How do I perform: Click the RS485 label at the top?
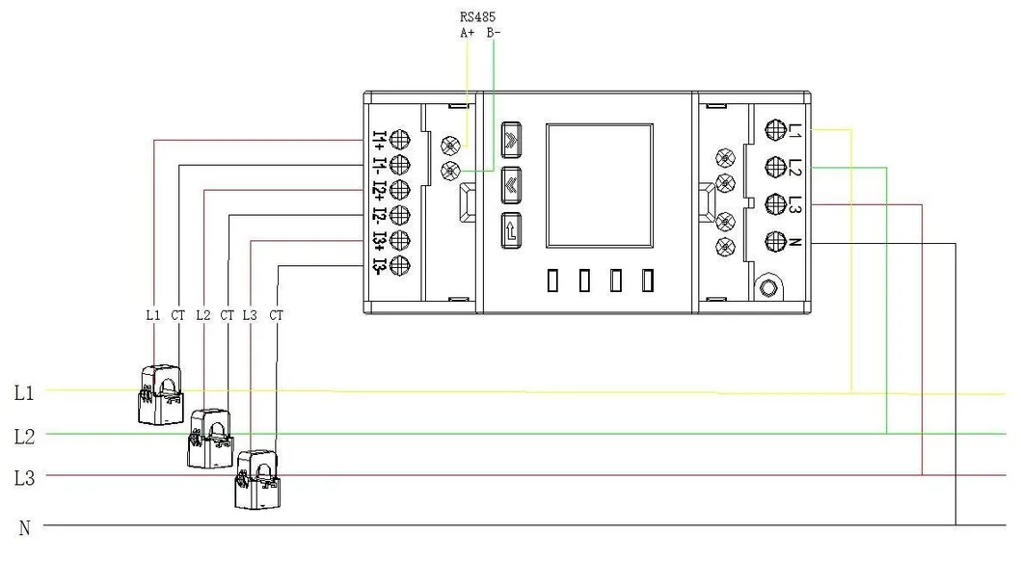(x=479, y=16)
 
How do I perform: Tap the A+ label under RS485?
(x=467, y=33)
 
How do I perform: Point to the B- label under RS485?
(x=493, y=33)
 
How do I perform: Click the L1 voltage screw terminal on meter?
(x=774, y=130)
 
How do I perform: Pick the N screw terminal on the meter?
(x=774, y=241)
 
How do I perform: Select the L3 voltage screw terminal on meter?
(x=774, y=203)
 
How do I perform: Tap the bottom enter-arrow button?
(x=511, y=229)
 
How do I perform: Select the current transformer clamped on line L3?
(x=261, y=479)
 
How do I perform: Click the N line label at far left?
(x=25, y=527)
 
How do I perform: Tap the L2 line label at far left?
(x=25, y=436)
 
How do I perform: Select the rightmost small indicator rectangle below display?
(x=648, y=280)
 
